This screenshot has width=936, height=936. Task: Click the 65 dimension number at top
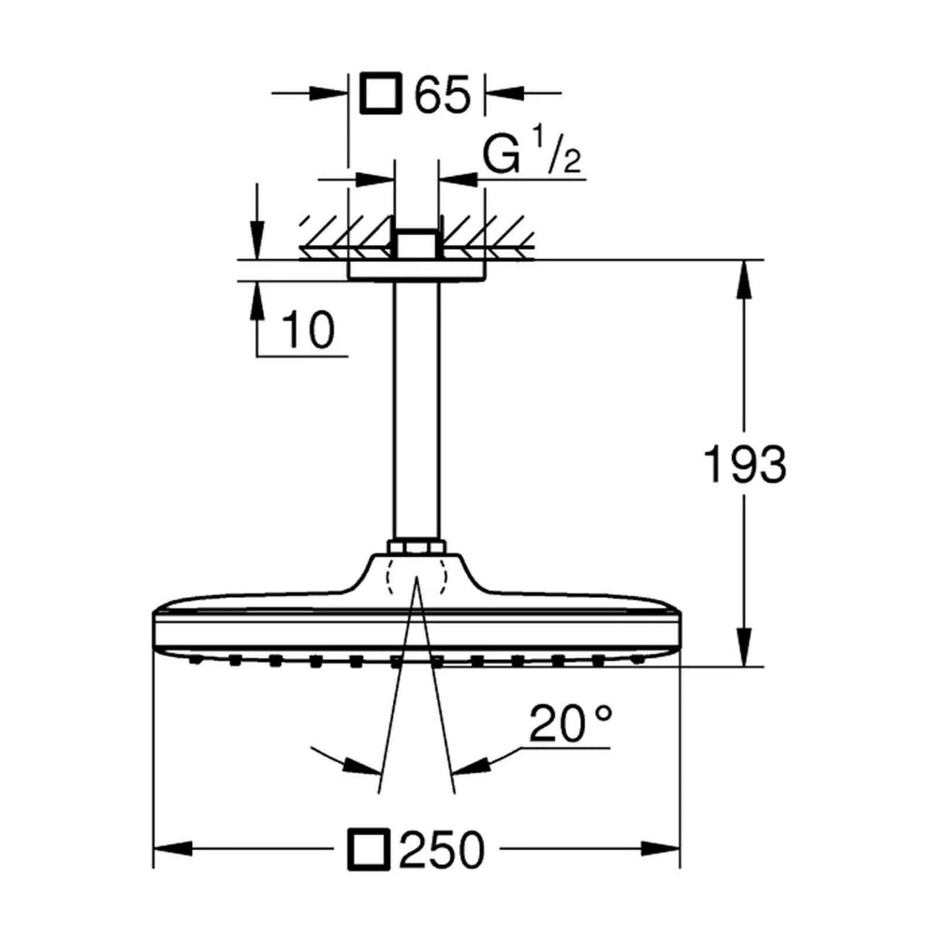click(x=443, y=94)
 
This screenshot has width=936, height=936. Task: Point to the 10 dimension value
click(x=308, y=329)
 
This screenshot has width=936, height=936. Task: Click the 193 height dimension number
click(x=745, y=464)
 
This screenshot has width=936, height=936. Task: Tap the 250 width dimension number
click(x=442, y=850)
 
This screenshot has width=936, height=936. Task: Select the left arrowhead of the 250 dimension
click(x=173, y=848)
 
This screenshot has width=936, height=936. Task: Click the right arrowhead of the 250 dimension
click(x=661, y=848)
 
